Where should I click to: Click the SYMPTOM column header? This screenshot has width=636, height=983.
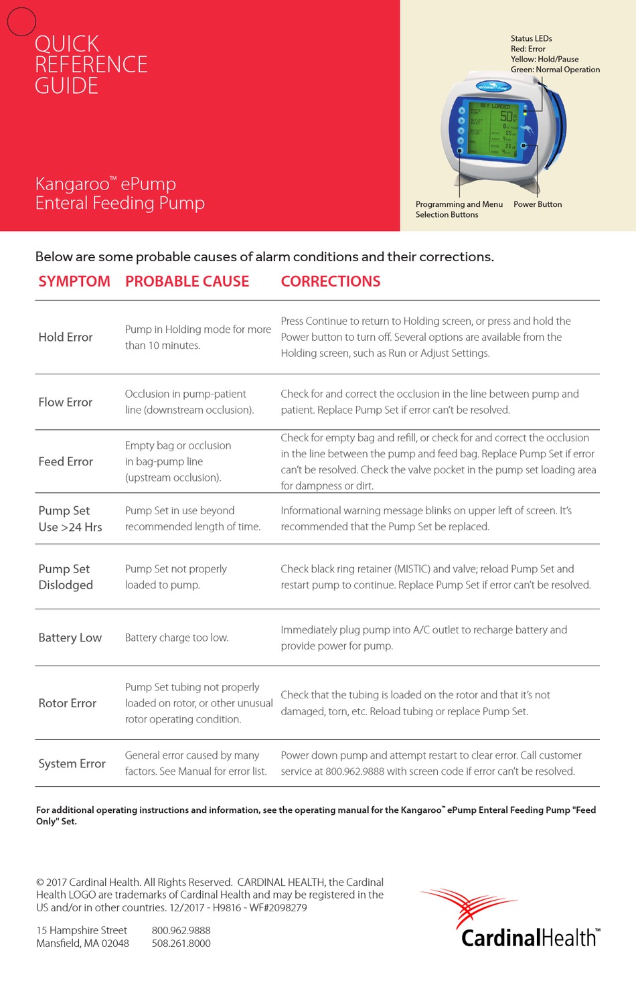pyautogui.click(x=74, y=282)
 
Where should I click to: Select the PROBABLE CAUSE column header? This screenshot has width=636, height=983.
pyautogui.click(x=187, y=282)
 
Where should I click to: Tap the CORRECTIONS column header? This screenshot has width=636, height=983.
pyautogui.click(x=330, y=282)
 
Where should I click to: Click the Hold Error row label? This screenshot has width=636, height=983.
pyautogui.click(x=66, y=337)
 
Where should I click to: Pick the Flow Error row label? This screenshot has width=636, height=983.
pyautogui.click(x=66, y=402)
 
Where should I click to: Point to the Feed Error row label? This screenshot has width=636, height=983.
pyautogui.click(x=66, y=462)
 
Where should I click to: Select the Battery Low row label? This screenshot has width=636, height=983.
pyautogui.click(x=70, y=638)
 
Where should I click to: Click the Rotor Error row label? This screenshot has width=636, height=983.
pyautogui.click(x=68, y=704)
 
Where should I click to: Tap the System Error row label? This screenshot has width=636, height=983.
pyautogui.click(x=72, y=764)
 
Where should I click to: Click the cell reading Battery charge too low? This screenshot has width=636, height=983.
pyautogui.click(x=177, y=638)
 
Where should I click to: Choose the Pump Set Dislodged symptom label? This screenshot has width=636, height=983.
pyautogui.click(x=66, y=577)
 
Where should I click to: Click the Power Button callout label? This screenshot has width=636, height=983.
pyautogui.click(x=538, y=205)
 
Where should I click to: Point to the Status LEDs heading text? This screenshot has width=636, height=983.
pyautogui.click(x=531, y=39)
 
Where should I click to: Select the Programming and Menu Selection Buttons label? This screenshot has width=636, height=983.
pyautogui.click(x=459, y=210)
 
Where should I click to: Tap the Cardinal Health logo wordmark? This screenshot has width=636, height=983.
pyautogui.click(x=530, y=937)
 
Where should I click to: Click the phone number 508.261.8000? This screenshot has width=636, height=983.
pyautogui.click(x=181, y=943)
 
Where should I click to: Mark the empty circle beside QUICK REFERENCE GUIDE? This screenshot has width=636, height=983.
pyautogui.click(x=21, y=21)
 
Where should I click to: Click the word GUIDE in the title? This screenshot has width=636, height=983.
pyautogui.click(x=66, y=86)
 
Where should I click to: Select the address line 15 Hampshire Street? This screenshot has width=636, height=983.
pyautogui.click(x=82, y=931)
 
